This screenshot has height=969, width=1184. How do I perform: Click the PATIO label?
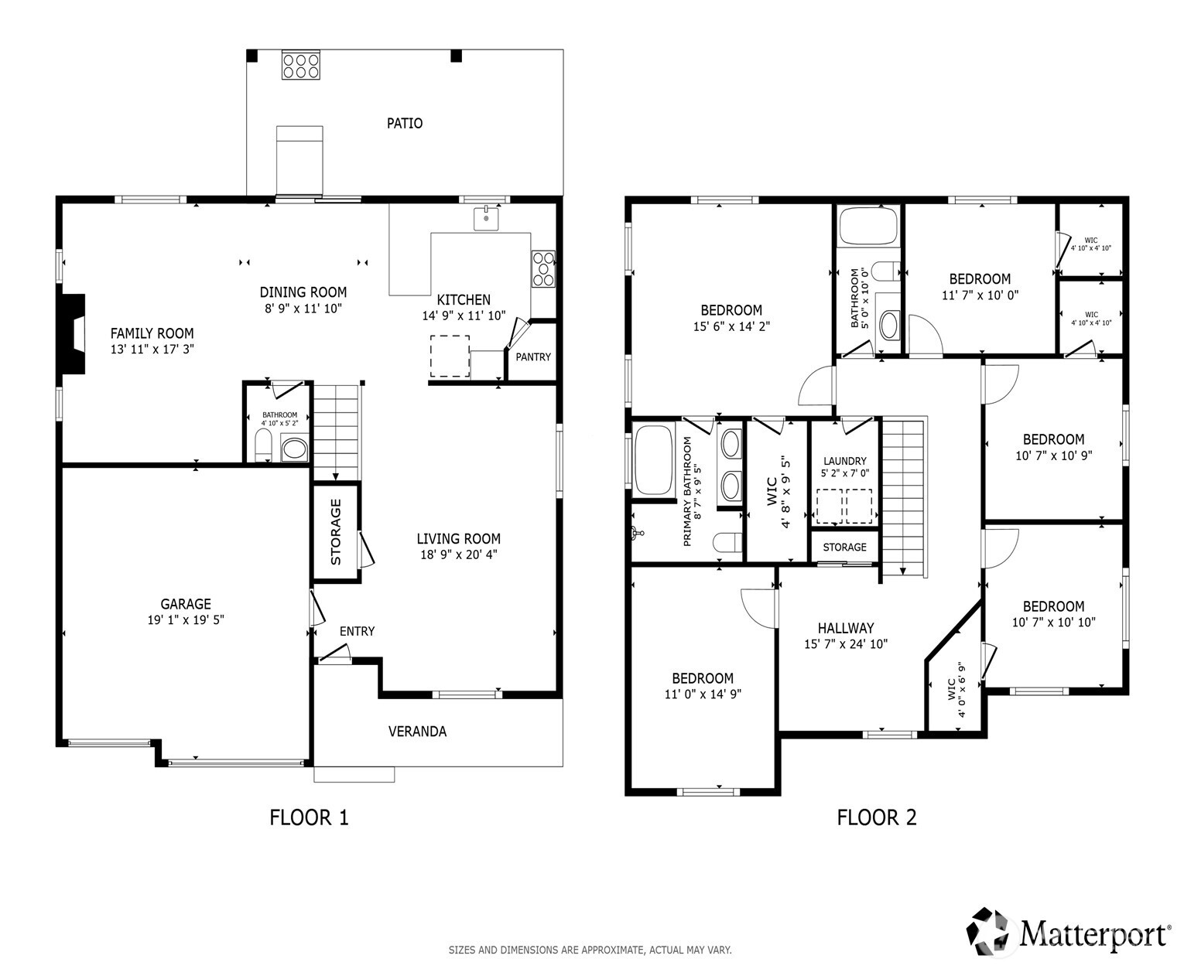(x=404, y=123)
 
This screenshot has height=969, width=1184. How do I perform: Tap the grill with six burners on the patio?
(x=301, y=66)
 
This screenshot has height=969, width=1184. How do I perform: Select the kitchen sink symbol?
(x=486, y=218)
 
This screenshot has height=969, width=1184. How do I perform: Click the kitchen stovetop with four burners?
(x=543, y=269)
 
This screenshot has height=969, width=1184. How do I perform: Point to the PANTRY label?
(x=532, y=357)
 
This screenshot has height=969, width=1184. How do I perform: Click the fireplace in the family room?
(x=74, y=334)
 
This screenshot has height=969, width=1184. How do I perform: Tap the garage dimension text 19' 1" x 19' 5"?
(x=186, y=619)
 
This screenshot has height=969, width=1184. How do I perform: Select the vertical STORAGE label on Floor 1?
(x=336, y=531)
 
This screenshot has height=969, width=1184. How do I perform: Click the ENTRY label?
(x=357, y=631)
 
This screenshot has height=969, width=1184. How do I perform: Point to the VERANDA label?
(x=417, y=731)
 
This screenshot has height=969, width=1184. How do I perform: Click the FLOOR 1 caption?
(x=309, y=817)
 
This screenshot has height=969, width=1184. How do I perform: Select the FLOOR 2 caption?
(x=876, y=817)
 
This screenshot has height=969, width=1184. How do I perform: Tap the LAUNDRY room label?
(x=845, y=461)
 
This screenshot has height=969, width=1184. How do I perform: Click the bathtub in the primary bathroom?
(x=653, y=460)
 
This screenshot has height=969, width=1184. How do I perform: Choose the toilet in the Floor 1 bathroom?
(x=263, y=445)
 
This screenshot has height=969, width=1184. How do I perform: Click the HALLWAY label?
(x=846, y=628)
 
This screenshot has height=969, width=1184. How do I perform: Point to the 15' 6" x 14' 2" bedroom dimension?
(x=731, y=326)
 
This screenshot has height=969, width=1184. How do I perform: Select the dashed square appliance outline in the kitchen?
(x=450, y=357)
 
